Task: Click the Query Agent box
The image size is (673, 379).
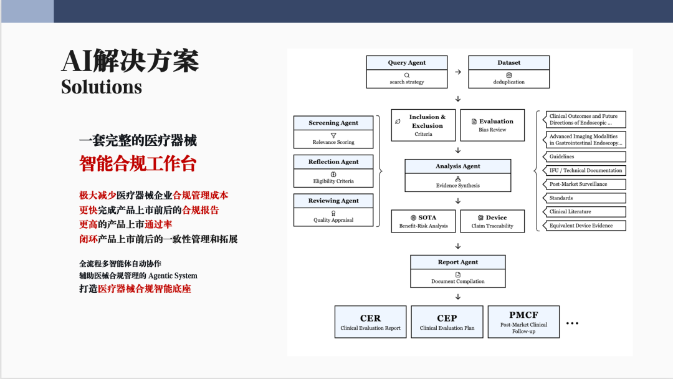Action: tap(407, 72)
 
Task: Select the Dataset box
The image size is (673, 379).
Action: tap(508, 72)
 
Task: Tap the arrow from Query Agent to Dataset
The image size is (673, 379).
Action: tap(458, 72)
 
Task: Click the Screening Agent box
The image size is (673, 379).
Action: tap(333, 132)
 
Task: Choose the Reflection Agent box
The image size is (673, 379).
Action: tap(333, 171)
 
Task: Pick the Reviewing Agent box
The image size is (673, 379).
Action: tap(333, 209)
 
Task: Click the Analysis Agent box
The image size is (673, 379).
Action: tap(458, 175)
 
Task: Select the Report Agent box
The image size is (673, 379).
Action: tap(458, 271)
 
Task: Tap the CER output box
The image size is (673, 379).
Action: tap(371, 322)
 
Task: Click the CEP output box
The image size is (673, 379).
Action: tap(447, 322)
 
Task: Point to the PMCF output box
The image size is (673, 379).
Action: tap(523, 322)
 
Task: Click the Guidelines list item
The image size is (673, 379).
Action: tap(585, 156)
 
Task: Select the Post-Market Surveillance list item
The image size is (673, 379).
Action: tap(585, 184)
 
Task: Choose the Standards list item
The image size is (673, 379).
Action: tap(585, 198)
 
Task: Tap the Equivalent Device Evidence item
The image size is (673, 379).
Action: tap(585, 226)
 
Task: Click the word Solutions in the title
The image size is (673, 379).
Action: tap(101, 87)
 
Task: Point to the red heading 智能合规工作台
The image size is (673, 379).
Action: tap(138, 163)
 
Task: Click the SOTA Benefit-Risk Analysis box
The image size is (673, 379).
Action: tap(424, 221)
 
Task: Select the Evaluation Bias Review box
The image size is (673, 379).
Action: tap(492, 125)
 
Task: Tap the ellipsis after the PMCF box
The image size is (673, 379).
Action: tap(573, 324)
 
